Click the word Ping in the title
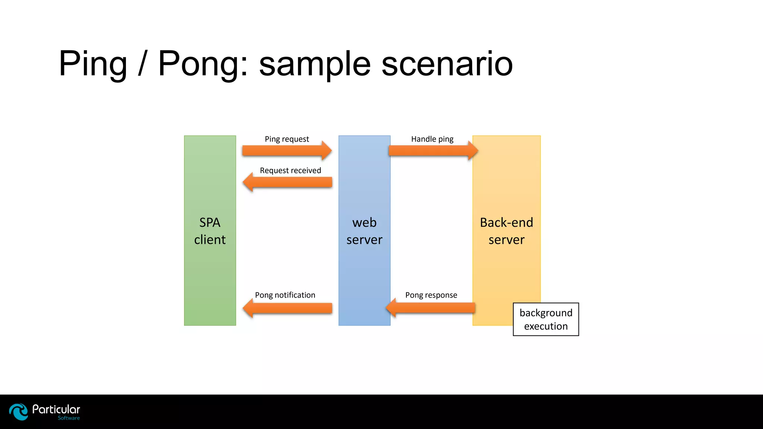pos(93,64)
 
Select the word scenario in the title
pos(447,64)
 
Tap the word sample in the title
pos(315,64)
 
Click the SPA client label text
pos(210,231)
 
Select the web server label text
pos(364,231)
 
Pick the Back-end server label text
pos(506,231)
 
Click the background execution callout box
pos(546,320)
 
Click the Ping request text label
pos(287,139)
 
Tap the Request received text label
pos(290,171)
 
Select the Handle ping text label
pos(432,139)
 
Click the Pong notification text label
pos(285,295)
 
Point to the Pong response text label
pos(431,295)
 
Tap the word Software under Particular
pos(69,418)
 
